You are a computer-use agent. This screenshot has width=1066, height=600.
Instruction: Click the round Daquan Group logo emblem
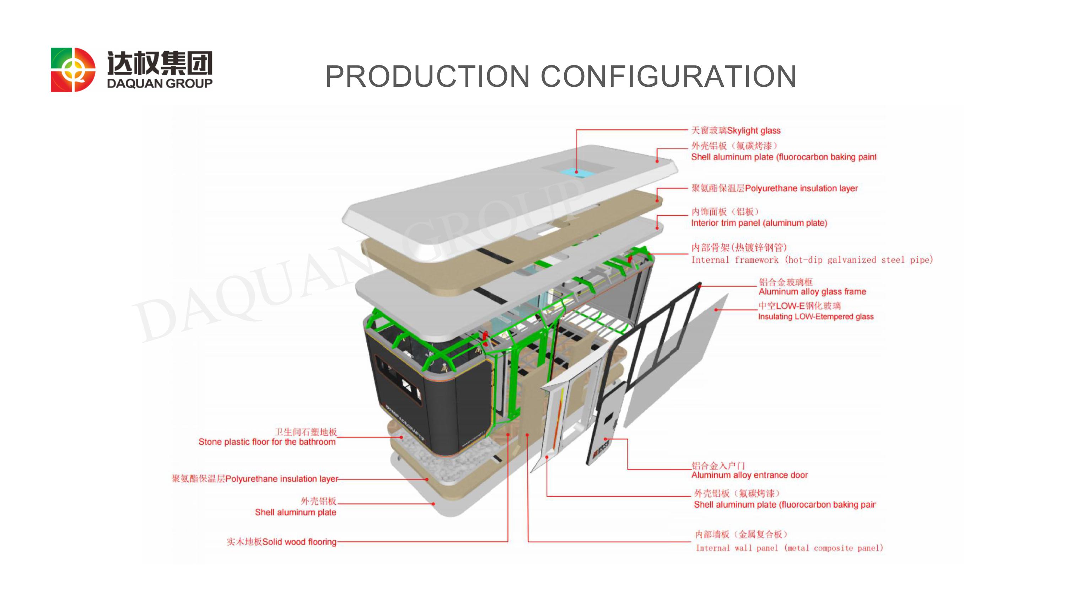pyautogui.click(x=73, y=70)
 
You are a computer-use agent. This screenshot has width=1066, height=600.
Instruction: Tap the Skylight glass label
pyautogui.click(x=736, y=130)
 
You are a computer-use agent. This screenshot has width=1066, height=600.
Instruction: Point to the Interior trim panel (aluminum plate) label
pyautogui.click(x=759, y=218)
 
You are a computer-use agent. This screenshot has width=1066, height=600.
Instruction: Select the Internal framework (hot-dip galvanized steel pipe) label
pyautogui.click(x=812, y=253)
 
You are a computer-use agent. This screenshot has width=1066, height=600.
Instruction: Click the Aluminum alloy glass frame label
pyautogui.click(x=812, y=287)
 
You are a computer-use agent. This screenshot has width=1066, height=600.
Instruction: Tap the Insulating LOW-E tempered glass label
pyautogui.click(x=815, y=311)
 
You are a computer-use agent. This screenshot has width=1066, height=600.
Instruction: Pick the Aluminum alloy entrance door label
pyautogui.click(x=749, y=470)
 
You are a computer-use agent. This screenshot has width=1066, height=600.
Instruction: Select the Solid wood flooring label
pyautogui.click(x=281, y=542)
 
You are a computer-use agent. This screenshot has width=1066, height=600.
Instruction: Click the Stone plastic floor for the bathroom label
pyautogui.click(x=267, y=437)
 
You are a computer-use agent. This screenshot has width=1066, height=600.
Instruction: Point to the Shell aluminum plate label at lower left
pyautogui.click(x=296, y=507)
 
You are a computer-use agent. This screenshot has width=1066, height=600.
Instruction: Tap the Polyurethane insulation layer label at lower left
pyautogui.click(x=255, y=479)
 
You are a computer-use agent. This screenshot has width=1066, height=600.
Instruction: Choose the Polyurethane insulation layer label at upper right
pyautogui.click(x=774, y=188)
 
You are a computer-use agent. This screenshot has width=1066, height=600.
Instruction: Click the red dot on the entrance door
pyautogui.click(x=605, y=439)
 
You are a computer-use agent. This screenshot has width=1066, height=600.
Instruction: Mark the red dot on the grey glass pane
pyautogui.click(x=716, y=310)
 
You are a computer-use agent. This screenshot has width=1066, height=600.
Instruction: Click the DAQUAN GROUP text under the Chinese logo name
pyautogui.click(x=160, y=83)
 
